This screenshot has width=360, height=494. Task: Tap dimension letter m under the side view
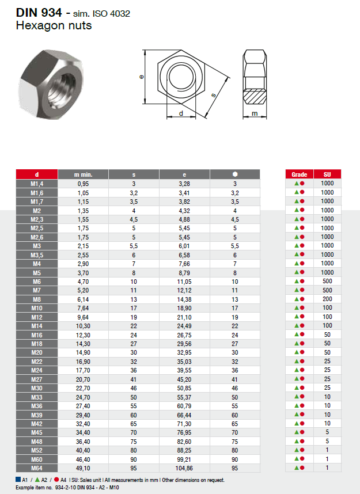click(254, 114)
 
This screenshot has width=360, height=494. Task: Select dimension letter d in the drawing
click(181, 113)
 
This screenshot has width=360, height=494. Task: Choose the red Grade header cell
click(299, 174)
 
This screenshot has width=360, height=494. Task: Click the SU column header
click(327, 174)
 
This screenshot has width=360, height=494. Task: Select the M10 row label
click(37, 308)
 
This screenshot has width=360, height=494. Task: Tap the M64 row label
click(37, 469)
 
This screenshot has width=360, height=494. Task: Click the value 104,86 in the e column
click(184, 469)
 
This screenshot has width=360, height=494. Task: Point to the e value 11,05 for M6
click(184, 282)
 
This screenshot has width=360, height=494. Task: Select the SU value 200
click(327, 299)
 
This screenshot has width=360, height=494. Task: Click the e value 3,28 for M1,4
click(184, 184)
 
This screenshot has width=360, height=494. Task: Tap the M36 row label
click(37, 406)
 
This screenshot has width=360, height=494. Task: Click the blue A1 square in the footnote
click(18, 480)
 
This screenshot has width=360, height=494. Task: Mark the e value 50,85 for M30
click(184, 389)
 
